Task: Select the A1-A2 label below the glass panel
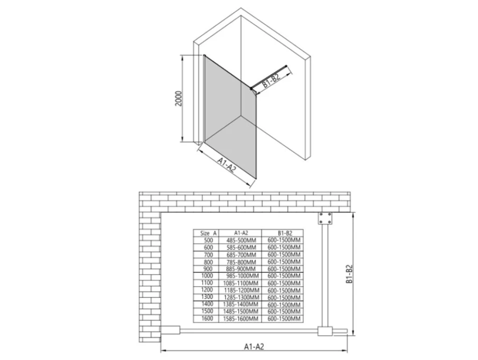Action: pos(227,165)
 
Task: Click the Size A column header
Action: pos(208,233)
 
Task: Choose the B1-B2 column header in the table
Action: pos(283,233)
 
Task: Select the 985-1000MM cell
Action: pos(243,276)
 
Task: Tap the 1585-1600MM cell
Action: pos(241,319)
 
